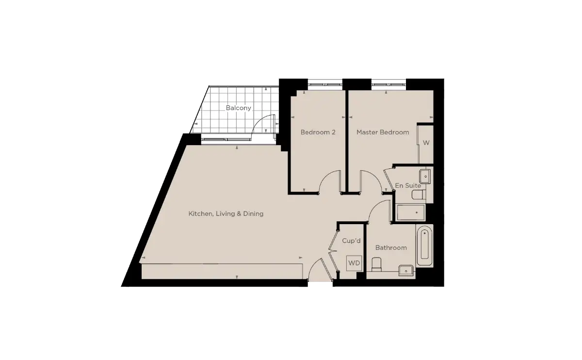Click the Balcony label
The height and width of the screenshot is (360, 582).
point(238,108)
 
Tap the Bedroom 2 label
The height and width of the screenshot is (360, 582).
point(318,132)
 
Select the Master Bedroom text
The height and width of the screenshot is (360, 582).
point(383,132)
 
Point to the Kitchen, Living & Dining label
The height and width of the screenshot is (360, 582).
point(226,213)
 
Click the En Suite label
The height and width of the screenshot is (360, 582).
point(408,186)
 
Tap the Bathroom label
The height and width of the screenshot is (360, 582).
point(391,248)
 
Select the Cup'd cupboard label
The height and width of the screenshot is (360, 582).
point(351,241)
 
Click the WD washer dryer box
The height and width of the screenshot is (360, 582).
point(354,263)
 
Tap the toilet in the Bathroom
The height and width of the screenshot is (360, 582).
point(376,264)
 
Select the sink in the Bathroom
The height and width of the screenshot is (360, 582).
point(406,270)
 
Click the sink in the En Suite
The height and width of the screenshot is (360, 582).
point(425,176)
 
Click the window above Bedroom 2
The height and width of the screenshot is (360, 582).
point(325,84)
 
